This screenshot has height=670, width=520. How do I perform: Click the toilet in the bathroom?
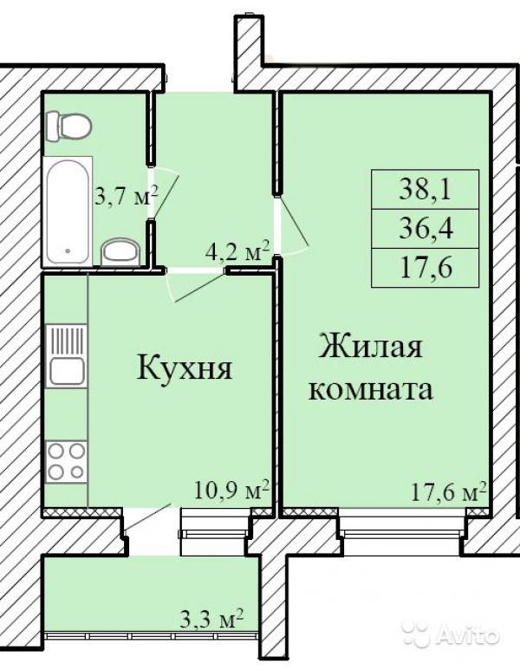[x=68, y=127]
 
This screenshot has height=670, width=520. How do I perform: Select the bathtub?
[x=68, y=211]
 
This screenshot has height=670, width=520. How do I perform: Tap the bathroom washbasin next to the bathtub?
[x=121, y=252]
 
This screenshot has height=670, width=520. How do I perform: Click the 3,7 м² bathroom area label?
[x=126, y=197]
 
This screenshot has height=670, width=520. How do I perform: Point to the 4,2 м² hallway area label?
[x=237, y=251]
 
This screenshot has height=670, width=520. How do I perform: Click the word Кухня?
[x=185, y=368]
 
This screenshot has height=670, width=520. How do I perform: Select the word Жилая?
[x=371, y=345]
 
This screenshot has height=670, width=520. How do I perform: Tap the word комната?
[x=371, y=389]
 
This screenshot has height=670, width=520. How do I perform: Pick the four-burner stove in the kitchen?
[x=66, y=462]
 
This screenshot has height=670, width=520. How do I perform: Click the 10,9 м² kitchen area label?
[x=231, y=490]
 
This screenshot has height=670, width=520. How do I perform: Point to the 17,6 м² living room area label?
[x=449, y=491]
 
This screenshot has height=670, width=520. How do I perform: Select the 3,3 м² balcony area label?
[x=211, y=620]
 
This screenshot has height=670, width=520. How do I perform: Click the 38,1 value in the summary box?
[x=426, y=190]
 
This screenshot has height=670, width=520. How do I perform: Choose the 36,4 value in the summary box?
[x=426, y=229]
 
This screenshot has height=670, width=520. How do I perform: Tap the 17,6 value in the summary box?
[x=426, y=268]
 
